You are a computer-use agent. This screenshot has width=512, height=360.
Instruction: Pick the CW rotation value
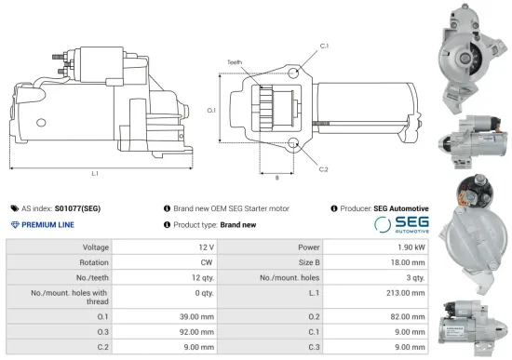[x=208, y=262]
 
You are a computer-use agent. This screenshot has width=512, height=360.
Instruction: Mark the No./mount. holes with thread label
[x=71, y=296]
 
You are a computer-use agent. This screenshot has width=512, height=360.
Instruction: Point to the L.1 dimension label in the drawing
[x=96, y=173]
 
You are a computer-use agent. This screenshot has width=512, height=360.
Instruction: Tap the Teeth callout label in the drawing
[x=235, y=62]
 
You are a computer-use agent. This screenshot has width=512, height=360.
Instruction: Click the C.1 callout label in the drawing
[x=324, y=46]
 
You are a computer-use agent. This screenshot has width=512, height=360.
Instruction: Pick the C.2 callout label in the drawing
[x=323, y=169]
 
